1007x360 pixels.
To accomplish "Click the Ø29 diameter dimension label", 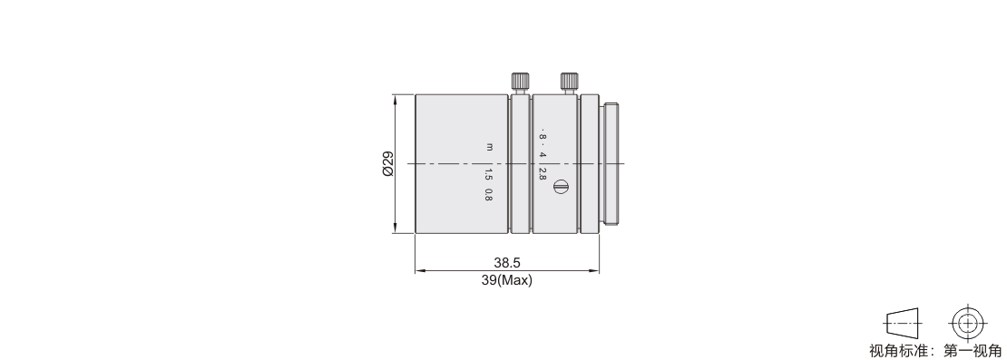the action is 387,164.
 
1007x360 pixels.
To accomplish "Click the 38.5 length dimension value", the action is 507,262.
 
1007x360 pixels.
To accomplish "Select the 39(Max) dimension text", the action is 507,280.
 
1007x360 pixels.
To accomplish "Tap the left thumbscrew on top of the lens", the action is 521,83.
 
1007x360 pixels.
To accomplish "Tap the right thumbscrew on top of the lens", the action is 570,83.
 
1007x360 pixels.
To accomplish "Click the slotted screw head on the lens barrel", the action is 560,187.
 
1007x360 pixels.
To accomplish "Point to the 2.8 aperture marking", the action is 542,174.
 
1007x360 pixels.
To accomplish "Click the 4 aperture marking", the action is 542,155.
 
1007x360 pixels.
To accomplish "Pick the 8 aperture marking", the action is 542,137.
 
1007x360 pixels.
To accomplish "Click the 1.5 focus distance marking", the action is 488,174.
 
